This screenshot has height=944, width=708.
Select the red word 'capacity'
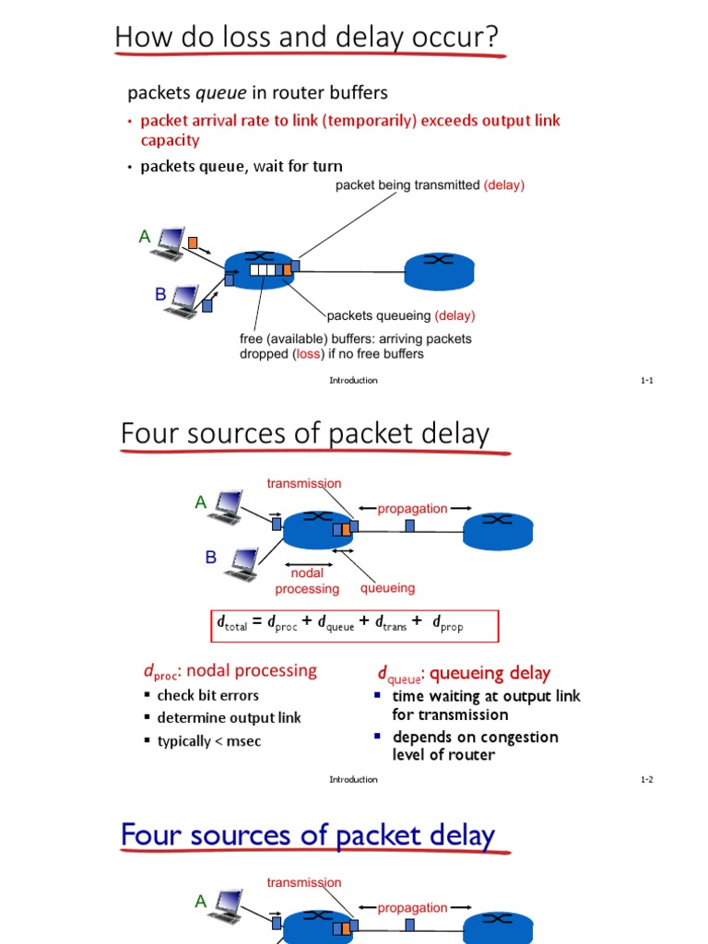pos(170,140)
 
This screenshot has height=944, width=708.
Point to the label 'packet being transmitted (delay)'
pos(430,185)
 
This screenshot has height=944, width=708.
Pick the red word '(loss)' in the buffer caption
pos(308,354)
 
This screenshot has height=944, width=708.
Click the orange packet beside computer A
pos(193,242)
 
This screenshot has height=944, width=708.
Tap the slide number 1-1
pos(647,381)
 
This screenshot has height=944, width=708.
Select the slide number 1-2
pos(647,780)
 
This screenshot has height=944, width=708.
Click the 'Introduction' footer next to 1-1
pos(353,381)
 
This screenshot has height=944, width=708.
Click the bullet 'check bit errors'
pos(208,695)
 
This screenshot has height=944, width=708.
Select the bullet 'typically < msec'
pos(209,741)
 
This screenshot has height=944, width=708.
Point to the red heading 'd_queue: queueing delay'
pos(464,673)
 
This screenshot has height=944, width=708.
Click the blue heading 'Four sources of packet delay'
pos(308,836)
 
